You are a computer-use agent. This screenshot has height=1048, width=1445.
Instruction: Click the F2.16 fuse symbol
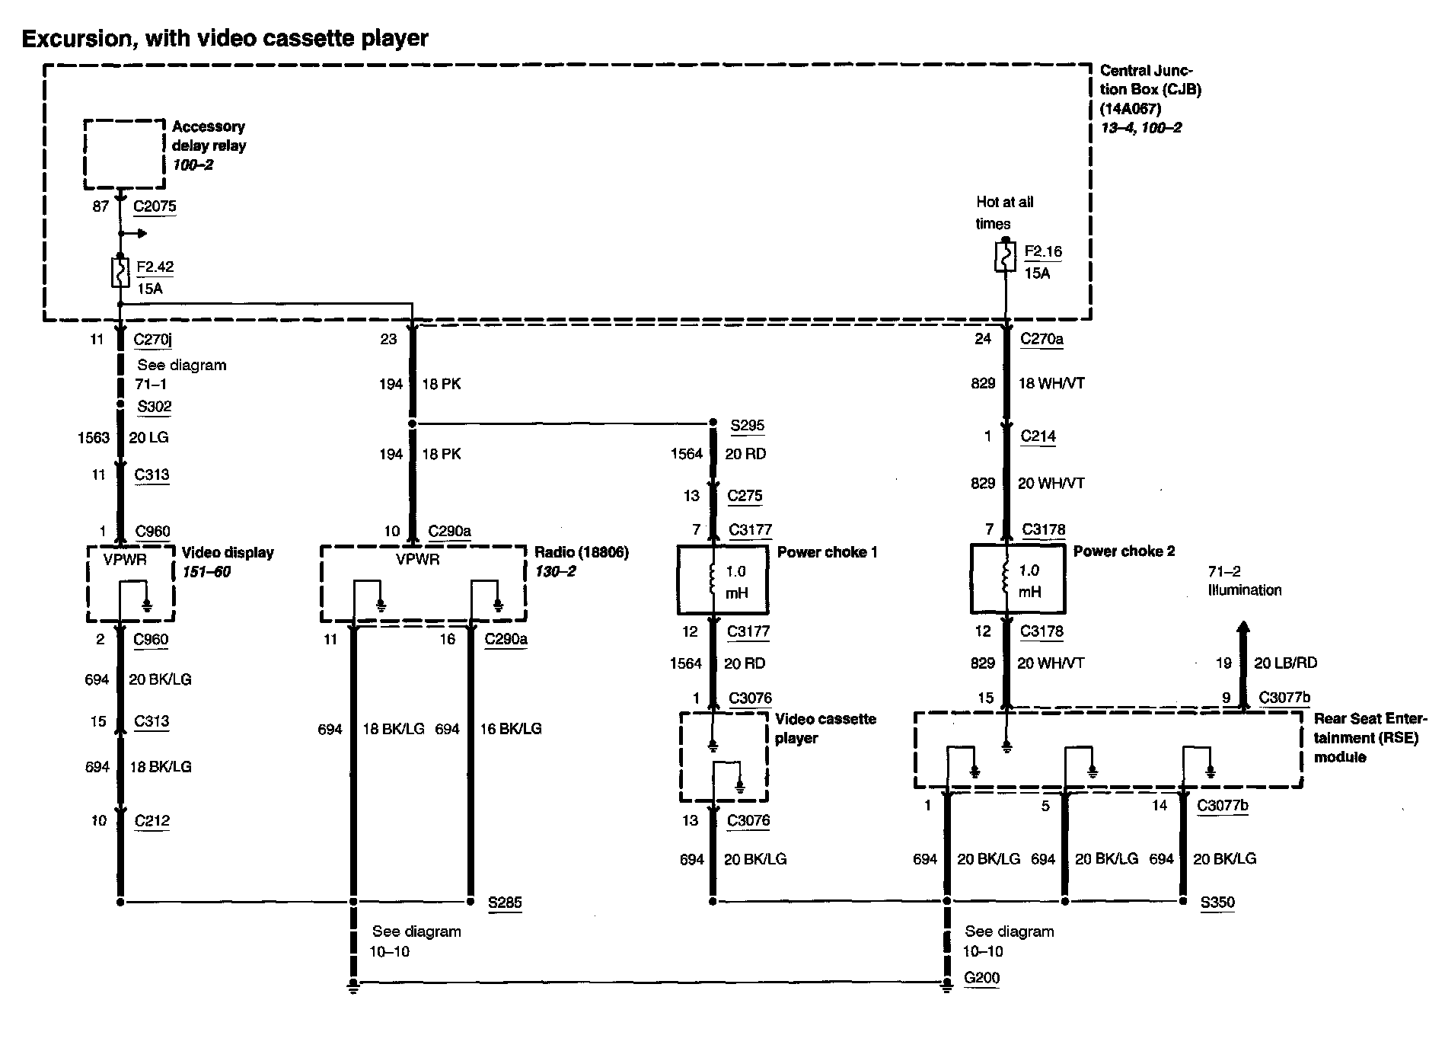tap(1005, 257)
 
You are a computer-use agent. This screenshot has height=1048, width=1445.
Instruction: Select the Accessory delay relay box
tap(124, 154)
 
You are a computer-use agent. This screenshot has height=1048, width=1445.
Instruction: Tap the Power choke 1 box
tap(722, 580)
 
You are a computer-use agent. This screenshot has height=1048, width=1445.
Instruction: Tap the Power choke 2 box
tap(1017, 579)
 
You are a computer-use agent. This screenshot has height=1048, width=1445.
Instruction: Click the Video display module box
tap(131, 583)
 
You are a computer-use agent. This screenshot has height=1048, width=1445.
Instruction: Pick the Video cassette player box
tap(723, 756)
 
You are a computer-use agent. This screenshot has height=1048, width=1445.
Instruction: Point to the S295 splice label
tap(747, 425)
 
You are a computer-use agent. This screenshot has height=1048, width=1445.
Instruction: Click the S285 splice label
tap(505, 903)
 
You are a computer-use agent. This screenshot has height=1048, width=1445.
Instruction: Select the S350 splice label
tap(1217, 903)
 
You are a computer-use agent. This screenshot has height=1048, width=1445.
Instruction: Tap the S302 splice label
tap(155, 406)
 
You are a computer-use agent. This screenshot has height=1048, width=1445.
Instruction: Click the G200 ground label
tap(981, 978)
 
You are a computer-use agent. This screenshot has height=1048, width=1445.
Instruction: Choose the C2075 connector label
tap(155, 206)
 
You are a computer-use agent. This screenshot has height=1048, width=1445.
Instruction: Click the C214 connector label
tap(1038, 436)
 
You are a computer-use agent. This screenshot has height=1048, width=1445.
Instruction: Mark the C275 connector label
tap(745, 495)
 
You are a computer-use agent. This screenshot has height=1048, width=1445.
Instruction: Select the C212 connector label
tap(152, 820)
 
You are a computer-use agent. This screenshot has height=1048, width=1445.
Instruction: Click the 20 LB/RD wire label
tap(1285, 663)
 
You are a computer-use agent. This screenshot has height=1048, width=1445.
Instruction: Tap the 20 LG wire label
tap(148, 437)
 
